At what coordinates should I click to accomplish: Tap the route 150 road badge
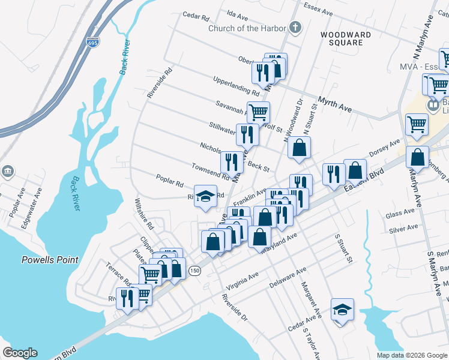point(194,271)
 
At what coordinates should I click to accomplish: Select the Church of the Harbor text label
point(247,28)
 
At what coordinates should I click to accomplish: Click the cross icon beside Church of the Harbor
point(294,27)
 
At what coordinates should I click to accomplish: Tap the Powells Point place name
point(50,260)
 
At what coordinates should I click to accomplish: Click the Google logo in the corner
point(20,353)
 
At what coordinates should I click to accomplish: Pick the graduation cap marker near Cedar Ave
point(342,310)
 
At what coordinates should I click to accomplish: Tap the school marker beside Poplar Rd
point(205,196)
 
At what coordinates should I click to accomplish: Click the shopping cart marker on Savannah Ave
point(258,112)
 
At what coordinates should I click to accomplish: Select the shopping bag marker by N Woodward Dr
point(299,147)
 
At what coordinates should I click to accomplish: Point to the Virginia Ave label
point(244,281)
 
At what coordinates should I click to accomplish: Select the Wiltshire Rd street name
point(145,214)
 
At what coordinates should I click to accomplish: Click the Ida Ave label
point(238,12)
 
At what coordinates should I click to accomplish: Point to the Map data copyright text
point(412,355)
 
